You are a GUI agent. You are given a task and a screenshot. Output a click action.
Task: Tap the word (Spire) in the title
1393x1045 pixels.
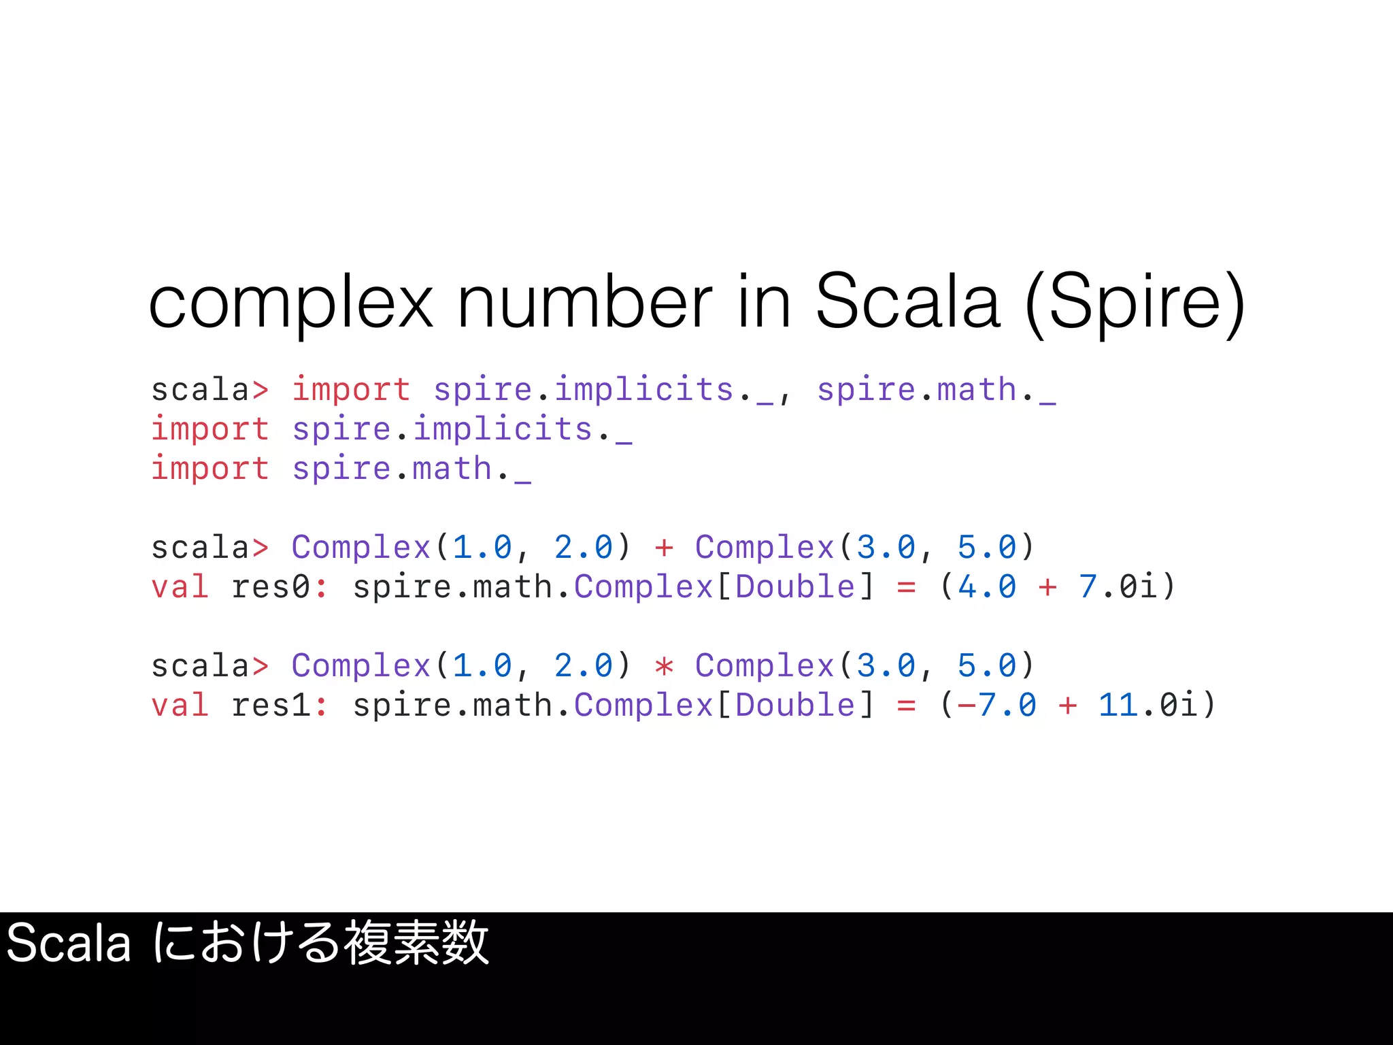1135,303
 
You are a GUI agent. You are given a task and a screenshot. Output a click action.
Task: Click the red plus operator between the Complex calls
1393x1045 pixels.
664,548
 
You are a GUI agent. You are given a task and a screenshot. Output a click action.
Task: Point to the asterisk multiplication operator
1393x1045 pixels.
664,666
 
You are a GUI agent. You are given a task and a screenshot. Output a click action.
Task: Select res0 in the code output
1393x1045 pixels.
271,587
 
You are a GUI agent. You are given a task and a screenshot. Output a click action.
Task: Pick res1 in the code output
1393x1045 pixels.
271,706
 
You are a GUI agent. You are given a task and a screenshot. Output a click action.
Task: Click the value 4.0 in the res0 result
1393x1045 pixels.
987,587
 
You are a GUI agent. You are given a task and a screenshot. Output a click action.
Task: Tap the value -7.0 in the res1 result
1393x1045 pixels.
997,706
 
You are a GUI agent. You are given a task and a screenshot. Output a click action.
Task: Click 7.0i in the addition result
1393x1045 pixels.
1118,587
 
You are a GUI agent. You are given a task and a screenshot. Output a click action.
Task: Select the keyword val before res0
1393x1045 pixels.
180,587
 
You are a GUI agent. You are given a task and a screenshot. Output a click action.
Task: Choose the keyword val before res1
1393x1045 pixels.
180,706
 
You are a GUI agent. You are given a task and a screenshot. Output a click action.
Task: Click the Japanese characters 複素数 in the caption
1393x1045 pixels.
416,944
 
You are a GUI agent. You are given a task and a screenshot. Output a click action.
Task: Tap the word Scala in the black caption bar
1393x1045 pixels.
68,944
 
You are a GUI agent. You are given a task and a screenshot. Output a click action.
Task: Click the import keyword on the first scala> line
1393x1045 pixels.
351,390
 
